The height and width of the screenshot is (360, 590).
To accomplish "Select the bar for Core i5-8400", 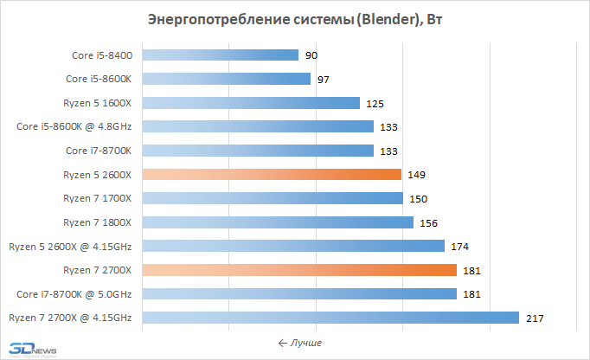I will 220,55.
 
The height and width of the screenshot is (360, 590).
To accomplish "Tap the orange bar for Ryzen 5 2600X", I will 271,175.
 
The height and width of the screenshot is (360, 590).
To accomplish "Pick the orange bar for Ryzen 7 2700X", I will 298,270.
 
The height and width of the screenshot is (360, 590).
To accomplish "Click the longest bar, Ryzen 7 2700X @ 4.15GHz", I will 330,318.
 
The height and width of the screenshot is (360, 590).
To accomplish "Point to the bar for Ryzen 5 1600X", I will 250,103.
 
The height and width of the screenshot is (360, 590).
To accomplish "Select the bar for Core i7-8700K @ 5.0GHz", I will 298,293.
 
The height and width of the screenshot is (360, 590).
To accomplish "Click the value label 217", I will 534,318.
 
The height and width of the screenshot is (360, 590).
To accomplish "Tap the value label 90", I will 311,55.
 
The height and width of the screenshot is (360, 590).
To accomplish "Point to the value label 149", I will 417,175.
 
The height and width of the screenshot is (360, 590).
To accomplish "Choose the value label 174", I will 459,247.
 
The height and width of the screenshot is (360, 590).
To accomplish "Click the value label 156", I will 428,222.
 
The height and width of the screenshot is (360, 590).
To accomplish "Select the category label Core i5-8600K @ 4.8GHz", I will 74,127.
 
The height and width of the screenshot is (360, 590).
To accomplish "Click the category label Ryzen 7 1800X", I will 97,222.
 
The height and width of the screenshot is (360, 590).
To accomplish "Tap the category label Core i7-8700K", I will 99,151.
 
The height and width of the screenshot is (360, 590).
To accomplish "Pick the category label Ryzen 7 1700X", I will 97,198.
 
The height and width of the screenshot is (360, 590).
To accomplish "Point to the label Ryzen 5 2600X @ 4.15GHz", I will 70,247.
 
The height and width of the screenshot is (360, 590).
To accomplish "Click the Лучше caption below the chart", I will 300,344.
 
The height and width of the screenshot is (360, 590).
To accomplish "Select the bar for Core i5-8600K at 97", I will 226,80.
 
